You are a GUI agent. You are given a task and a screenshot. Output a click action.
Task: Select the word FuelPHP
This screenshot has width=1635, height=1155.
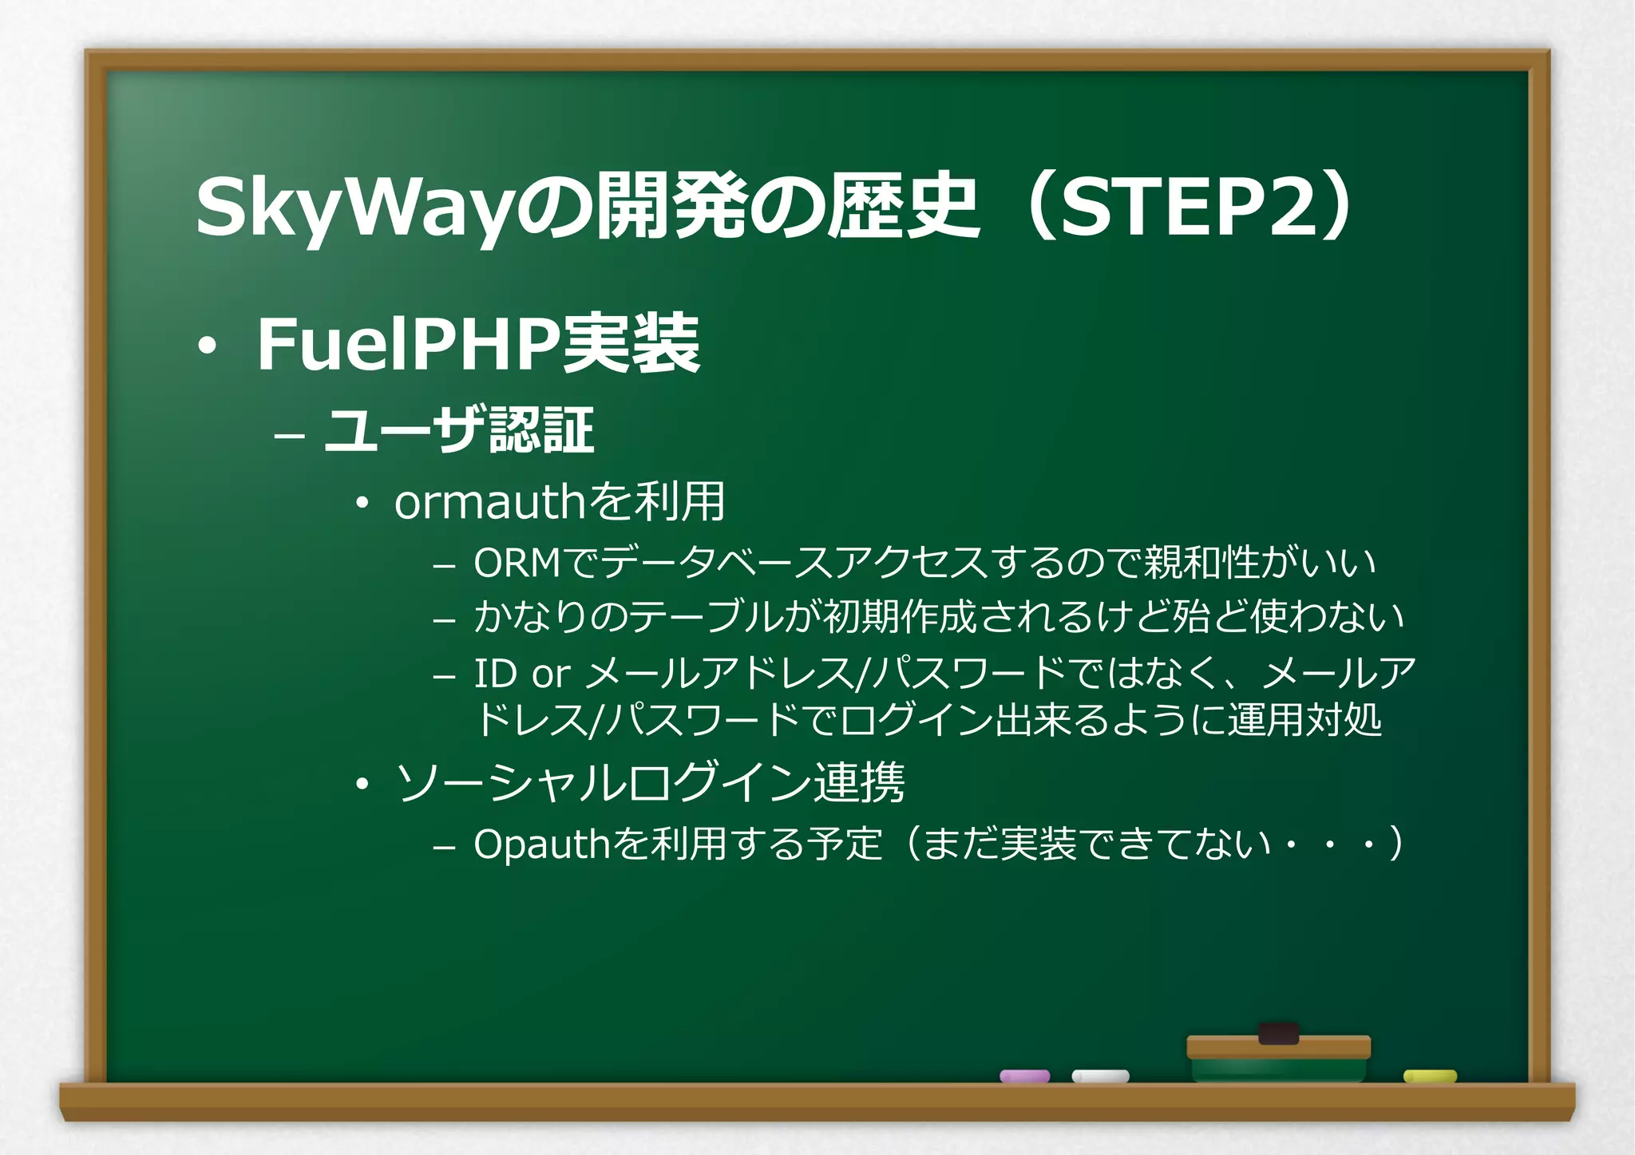407,345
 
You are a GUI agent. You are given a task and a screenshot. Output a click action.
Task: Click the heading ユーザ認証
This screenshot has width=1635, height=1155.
459,431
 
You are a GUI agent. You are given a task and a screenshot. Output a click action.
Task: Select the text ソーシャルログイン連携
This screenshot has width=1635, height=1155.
651,783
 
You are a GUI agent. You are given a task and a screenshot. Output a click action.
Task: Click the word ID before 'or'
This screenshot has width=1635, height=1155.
495,674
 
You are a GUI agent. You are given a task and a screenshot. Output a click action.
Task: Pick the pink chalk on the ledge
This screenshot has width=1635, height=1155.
1024,1076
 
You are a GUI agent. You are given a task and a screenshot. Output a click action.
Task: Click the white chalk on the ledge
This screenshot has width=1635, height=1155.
1100,1076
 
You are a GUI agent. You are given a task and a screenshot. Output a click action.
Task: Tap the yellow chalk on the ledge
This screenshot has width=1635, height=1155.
1430,1076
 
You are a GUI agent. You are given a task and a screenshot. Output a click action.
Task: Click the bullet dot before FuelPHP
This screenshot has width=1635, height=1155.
208,346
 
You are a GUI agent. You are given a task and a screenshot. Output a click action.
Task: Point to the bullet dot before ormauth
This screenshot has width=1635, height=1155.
363,504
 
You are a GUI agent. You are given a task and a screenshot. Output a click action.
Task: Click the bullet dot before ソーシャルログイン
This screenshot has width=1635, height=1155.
363,785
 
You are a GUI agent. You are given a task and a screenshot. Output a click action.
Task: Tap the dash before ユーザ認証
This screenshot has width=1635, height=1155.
288,437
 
